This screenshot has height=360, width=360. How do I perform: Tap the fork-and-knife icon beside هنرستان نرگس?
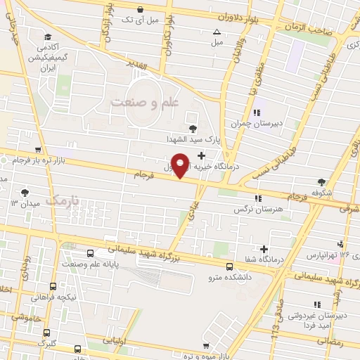click(x=258, y=198)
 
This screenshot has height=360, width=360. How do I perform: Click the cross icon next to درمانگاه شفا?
click(x=264, y=248)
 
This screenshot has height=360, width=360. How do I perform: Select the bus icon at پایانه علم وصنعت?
click(x=89, y=254)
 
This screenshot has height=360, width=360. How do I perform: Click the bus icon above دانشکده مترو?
click(x=230, y=266)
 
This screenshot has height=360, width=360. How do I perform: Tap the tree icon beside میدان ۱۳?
click(x=25, y=191)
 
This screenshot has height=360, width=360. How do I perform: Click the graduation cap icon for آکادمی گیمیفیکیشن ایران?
click(x=46, y=37)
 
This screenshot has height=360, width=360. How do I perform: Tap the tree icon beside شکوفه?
click(x=322, y=181)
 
